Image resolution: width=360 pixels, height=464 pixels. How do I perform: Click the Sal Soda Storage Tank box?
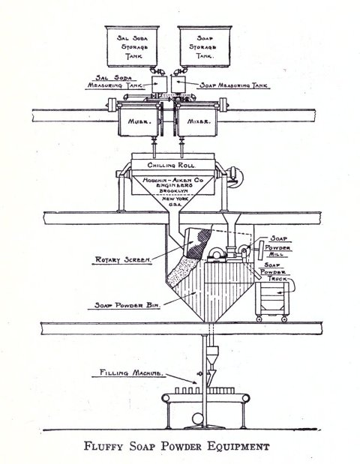(132, 46)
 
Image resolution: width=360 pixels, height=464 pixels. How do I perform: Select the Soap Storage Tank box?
(205, 46)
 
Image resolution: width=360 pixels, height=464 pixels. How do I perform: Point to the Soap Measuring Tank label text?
(233, 85)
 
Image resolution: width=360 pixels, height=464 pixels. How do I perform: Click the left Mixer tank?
(139, 119)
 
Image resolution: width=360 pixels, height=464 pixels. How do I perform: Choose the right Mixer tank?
(198, 119)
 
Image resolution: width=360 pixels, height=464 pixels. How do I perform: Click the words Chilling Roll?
(172, 165)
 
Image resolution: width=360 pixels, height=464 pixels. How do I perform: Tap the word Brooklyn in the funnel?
(173, 191)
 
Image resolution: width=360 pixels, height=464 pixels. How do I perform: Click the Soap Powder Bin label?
(127, 305)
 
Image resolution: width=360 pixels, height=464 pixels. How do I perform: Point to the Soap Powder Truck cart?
(272, 301)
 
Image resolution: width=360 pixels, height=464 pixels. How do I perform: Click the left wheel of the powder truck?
(259, 319)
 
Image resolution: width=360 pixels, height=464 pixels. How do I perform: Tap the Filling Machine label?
(131, 373)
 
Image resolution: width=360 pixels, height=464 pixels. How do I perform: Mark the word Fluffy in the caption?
(103, 446)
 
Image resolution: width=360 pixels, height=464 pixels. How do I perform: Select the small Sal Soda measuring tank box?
(159, 84)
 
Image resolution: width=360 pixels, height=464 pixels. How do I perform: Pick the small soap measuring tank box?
(178, 84)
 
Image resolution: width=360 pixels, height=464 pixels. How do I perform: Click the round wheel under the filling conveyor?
(198, 419)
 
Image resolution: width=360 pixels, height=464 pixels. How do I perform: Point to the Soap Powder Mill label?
(277, 246)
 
